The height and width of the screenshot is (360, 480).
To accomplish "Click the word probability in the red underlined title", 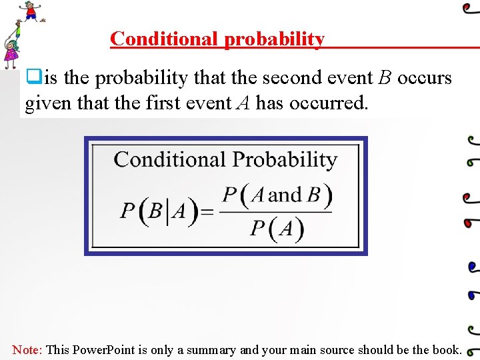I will tap(274, 39).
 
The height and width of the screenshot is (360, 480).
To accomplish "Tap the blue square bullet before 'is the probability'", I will tap(33, 77).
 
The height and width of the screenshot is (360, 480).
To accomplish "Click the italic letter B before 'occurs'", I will tap(385, 78).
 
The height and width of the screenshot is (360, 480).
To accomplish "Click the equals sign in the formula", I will tap(207, 212).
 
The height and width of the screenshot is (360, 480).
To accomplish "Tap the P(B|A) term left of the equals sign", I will tap(159, 212).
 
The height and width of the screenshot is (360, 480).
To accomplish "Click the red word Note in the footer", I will tap(27, 349).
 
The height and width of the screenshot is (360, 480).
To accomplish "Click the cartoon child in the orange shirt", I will tap(31, 11).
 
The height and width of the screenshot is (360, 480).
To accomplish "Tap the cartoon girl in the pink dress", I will tap(11, 54).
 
